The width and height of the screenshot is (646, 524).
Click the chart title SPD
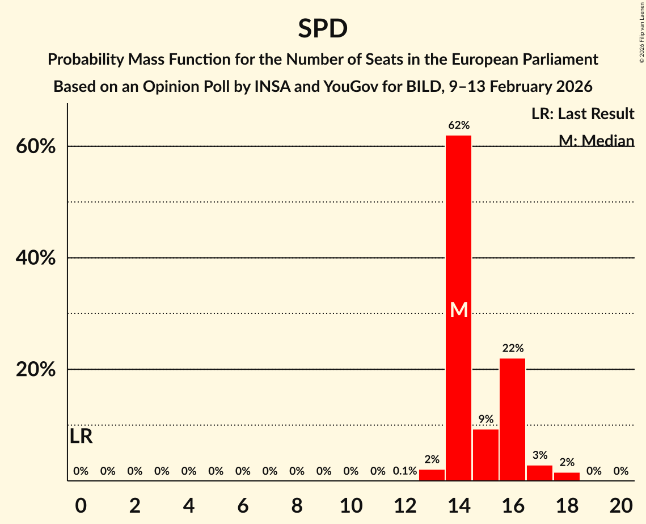click(323, 28)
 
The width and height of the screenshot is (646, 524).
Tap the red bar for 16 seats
click(512, 419)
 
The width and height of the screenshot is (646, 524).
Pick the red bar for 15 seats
click(485, 455)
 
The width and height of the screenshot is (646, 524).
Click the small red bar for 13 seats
click(432, 475)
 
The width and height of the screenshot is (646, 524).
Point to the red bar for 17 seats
click(539, 473)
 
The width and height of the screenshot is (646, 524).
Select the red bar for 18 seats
click(567, 476)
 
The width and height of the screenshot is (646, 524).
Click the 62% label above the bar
click(458, 125)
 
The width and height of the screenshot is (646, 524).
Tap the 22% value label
click(512, 348)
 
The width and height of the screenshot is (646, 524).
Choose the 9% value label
click(485, 419)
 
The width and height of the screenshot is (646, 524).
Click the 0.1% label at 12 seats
click(405, 471)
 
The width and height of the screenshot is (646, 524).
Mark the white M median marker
click(458, 310)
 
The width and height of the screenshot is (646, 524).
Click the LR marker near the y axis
click(81, 437)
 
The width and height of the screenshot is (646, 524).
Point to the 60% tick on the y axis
click(35, 147)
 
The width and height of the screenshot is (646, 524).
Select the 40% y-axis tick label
click(35, 259)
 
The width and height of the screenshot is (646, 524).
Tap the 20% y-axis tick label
click(35, 370)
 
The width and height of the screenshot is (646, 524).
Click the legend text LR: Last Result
click(582, 114)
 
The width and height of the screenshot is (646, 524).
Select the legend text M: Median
click(596, 140)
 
